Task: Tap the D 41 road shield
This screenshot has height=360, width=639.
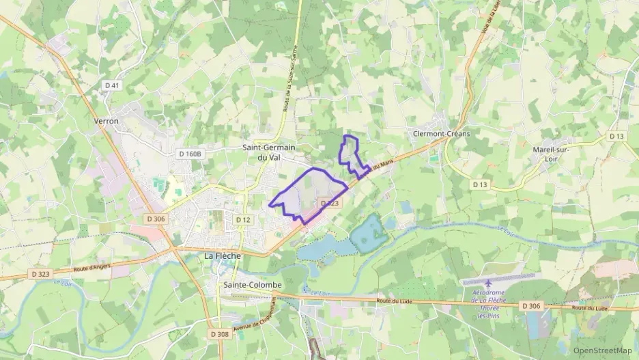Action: tap(111, 85)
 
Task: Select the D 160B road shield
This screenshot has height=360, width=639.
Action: tap(190, 154)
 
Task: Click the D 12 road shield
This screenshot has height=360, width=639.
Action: tap(244, 219)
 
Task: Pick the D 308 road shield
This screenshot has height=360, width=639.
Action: tap(219, 334)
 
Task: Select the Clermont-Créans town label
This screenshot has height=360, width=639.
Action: tap(442, 134)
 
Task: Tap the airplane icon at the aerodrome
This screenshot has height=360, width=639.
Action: tap(488, 283)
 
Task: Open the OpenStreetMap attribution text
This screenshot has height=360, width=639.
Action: tap(602, 350)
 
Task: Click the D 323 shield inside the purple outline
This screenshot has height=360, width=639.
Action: tap(328, 203)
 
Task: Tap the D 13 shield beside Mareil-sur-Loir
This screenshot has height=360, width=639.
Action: tap(616, 137)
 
